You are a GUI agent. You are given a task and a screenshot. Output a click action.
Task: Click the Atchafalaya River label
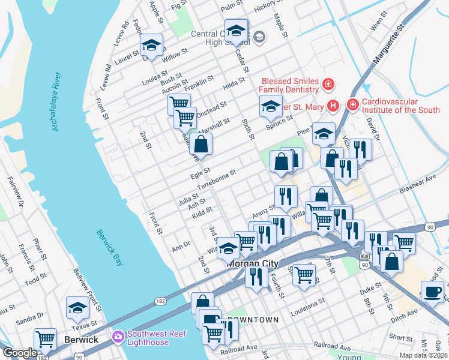57,102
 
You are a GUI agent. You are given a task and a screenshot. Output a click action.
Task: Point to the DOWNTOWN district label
254,320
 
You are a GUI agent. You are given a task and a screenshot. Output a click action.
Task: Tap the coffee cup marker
432,292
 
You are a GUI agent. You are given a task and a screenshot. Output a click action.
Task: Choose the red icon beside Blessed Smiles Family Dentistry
328,83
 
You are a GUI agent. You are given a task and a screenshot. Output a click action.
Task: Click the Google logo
20,353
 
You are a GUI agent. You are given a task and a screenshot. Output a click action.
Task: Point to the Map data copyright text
423,355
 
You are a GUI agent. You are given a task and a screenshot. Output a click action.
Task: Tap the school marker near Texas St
77,308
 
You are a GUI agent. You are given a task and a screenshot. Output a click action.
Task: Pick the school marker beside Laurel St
152,45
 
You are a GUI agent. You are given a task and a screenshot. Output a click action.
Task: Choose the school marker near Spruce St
271,106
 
